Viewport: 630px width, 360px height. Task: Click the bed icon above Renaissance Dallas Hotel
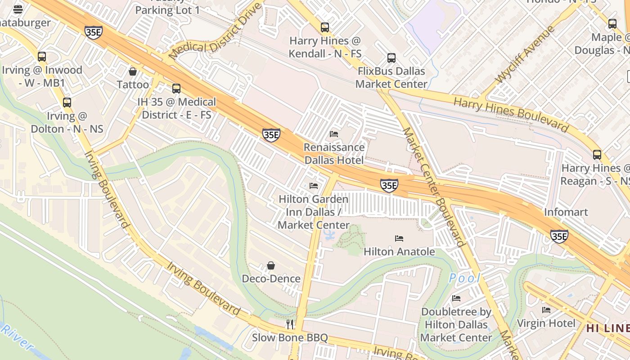[334, 134]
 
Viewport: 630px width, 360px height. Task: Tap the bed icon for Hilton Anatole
[399, 238]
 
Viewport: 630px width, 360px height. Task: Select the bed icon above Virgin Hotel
[546, 310]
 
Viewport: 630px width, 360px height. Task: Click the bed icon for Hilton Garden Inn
[314, 186]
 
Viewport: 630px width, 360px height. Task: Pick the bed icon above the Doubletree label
[456, 298]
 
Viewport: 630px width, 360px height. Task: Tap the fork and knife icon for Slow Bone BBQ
[290, 324]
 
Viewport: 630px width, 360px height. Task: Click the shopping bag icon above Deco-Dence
[271, 265]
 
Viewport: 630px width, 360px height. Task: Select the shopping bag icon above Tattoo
[133, 72]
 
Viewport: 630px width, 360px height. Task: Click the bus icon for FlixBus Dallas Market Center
[391, 58]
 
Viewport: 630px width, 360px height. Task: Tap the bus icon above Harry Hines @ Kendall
[325, 27]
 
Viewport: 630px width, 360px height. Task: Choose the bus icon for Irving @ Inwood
[42, 57]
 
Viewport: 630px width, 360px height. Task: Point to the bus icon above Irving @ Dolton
[67, 103]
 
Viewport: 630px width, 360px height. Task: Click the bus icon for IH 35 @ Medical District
[176, 89]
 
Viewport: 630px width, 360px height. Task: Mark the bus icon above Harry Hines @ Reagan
[597, 155]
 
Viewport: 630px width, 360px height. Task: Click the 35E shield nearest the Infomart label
[559, 236]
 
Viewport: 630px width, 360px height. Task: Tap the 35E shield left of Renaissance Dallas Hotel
[271, 135]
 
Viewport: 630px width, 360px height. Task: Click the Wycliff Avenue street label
[525, 55]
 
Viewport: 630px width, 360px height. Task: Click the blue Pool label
[464, 278]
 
